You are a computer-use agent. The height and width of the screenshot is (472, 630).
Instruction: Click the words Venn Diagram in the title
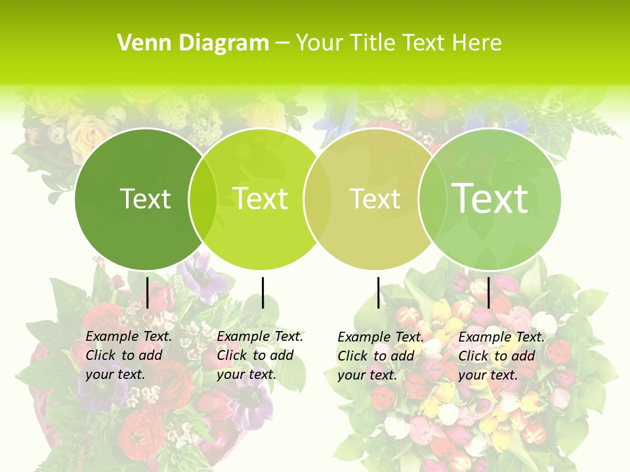193,43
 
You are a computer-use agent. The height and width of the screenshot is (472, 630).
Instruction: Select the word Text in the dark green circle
145,199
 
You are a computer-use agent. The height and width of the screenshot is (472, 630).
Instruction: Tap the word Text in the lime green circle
260,199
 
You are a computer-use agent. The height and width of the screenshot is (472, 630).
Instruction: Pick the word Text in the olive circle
375,199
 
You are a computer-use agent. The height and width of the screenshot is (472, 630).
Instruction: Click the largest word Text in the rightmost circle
490,198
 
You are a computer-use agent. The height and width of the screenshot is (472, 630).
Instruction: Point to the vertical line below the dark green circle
147,292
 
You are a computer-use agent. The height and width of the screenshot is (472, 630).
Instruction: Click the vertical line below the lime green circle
262,292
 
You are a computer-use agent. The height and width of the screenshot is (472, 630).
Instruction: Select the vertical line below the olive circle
378,292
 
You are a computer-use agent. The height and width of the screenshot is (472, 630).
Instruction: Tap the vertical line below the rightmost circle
489,292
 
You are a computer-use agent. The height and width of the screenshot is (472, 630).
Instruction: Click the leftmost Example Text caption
128,355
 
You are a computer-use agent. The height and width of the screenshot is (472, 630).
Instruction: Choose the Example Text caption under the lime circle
259,355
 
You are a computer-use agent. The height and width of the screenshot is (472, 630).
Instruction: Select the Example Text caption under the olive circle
380,356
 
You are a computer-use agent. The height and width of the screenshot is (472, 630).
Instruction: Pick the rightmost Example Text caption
501,356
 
